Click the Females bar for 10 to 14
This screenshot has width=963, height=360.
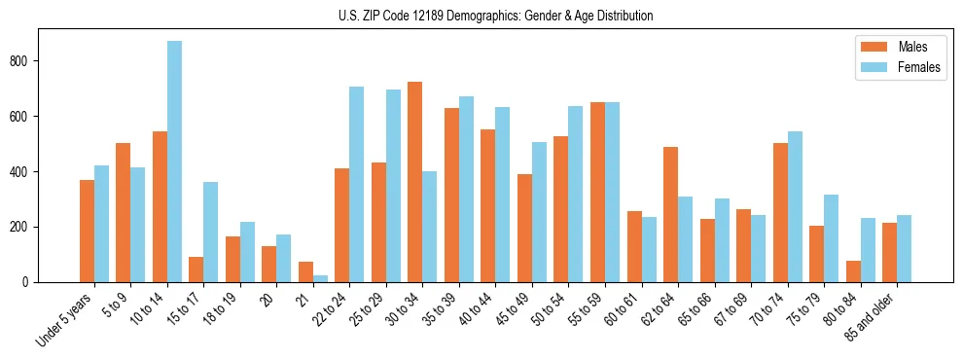[174, 162]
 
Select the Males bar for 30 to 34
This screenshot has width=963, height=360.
[415, 182]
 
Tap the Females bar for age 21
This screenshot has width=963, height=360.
[320, 278]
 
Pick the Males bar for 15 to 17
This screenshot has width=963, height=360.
[196, 270]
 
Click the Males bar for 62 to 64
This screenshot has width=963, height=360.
[670, 214]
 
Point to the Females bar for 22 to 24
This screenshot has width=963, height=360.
[357, 184]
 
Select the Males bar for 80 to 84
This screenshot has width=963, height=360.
[853, 271]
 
